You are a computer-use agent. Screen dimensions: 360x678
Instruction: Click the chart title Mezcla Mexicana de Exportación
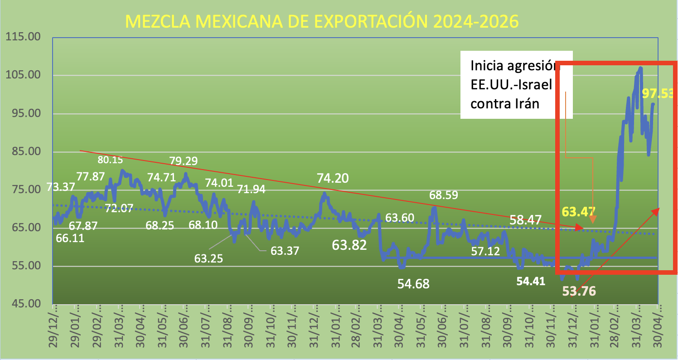(321, 21)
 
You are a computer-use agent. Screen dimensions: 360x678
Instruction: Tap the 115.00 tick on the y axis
(23, 37)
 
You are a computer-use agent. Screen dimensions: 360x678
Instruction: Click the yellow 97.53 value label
(659, 94)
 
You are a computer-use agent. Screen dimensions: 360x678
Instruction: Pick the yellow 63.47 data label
(578, 211)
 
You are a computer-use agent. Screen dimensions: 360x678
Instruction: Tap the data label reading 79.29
(184, 160)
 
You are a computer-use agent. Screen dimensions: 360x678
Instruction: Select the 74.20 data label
(333, 178)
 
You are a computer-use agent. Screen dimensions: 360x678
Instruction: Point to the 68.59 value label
(444, 195)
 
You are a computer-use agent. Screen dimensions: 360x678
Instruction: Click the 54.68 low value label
(413, 284)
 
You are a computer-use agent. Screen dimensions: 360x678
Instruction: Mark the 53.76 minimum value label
(579, 291)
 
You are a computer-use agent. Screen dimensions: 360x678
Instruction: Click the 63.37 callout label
(285, 250)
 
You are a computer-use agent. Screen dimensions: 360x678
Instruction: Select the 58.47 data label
(525, 220)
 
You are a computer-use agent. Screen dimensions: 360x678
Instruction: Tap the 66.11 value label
(70, 238)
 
